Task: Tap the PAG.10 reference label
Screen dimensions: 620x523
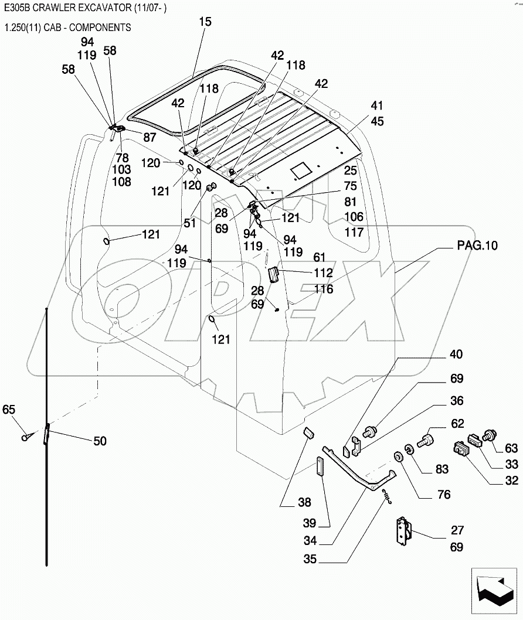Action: point(477,246)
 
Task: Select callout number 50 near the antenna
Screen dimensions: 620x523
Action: point(100,441)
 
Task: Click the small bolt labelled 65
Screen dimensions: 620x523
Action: point(25,437)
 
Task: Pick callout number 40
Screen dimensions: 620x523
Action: point(456,355)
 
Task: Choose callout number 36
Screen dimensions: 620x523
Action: point(457,401)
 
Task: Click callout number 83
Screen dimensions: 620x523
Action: point(442,469)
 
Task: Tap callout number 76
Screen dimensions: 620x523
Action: point(444,495)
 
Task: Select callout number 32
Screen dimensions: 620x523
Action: point(511,481)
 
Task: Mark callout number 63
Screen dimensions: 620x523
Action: point(511,449)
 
